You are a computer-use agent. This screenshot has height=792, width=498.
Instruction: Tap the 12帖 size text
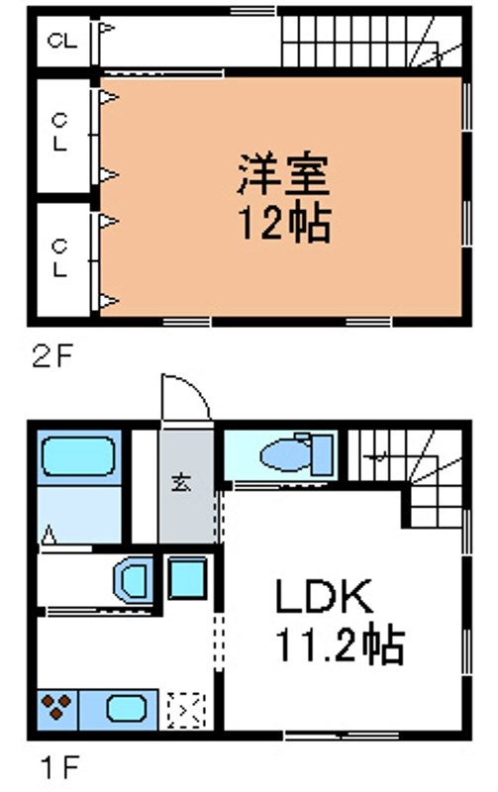(281, 225)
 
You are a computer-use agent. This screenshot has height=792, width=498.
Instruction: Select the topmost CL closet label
(60, 42)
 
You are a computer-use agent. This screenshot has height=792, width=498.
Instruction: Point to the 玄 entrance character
(183, 482)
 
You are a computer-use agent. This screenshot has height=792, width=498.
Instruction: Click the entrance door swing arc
(185, 397)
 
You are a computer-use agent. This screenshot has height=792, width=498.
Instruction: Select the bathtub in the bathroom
(79, 459)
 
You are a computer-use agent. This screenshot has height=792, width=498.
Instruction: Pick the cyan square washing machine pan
(185, 578)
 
